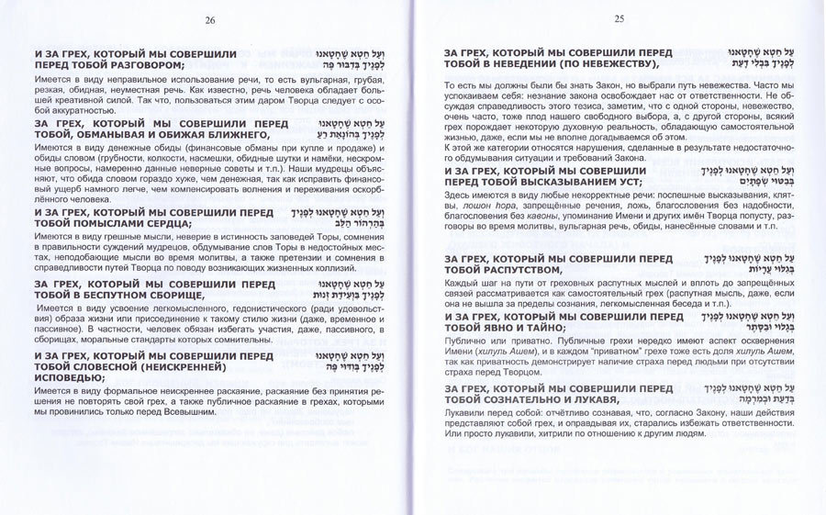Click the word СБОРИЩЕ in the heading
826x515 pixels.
160,296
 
